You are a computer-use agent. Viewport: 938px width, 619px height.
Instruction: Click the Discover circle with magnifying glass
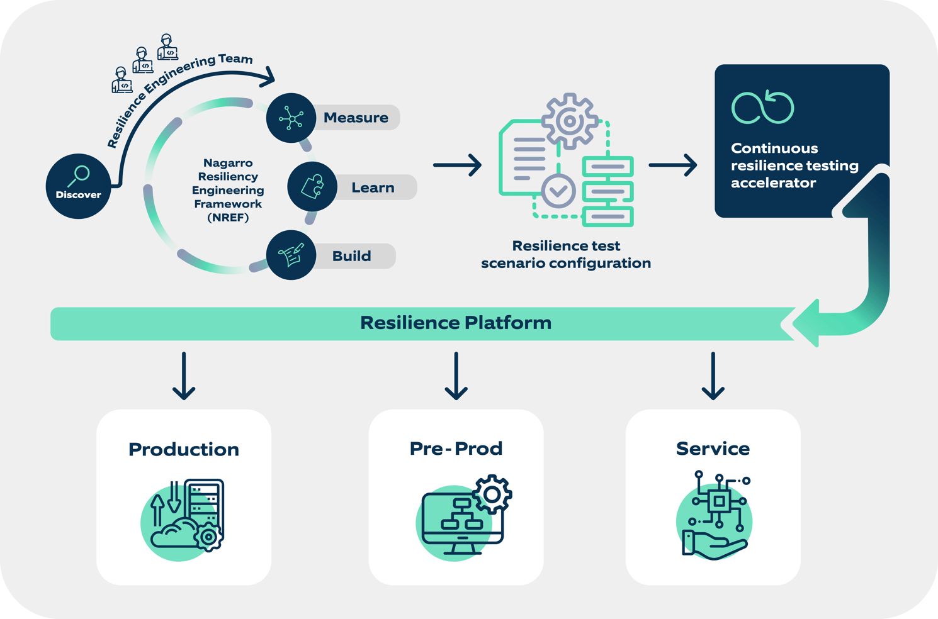click(x=78, y=186)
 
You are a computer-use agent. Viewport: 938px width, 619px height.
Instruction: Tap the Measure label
click(x=356, y=118)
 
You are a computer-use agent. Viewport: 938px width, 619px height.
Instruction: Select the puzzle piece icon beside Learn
click(x=312, y=187)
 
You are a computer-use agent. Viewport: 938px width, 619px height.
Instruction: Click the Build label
click(x=351, y=256)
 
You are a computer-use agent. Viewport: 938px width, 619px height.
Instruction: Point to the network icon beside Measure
click(x=291, y=118)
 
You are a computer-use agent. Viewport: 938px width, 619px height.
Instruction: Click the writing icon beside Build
click(x=291, y=255)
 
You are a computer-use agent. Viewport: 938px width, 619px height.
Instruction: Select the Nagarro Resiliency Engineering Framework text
click(x=228, y=190)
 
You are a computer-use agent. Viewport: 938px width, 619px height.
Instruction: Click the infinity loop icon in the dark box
click(x=762, y=108)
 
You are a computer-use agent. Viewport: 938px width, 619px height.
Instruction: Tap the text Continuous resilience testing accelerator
click(x=794, y=165)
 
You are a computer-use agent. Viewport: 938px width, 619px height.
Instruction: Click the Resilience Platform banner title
click(x=455, y=323)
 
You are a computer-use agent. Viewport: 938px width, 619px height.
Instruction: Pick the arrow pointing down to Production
click(x=184, y=376)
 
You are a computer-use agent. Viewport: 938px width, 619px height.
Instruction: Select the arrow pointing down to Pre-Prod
click(x=456, y=376)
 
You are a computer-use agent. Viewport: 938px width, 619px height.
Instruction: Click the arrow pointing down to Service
click(x=713, y=376)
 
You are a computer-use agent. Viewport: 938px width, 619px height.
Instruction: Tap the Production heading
click(x=184, y=449)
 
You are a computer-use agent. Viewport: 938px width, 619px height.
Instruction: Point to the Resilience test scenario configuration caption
click(x=566, y=255)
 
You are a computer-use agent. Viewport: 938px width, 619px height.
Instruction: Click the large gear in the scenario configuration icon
click(x=569, y=121)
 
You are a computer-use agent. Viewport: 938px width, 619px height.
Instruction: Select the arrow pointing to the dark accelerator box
click(x=672, y=165)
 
